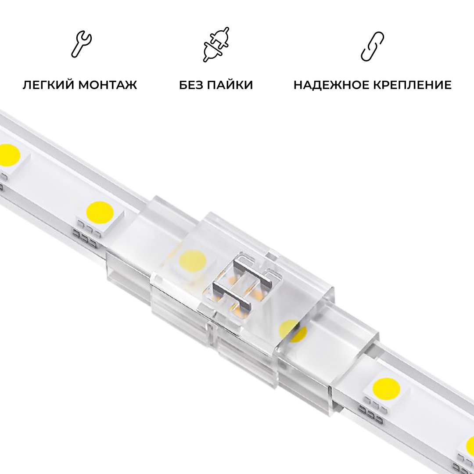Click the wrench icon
click(x=82, y=44)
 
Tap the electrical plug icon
click(x=216, y=44)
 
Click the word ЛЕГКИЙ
click(x=49, y=85)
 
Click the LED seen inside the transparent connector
click(x=192, y=261)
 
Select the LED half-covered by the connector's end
click(x=291, y=330)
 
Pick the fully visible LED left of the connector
click(x=100, y=212)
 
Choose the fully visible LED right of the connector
click(x=386, y=387)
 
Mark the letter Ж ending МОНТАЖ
click(x=131, y=85)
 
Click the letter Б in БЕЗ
click(x=183, y=85)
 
